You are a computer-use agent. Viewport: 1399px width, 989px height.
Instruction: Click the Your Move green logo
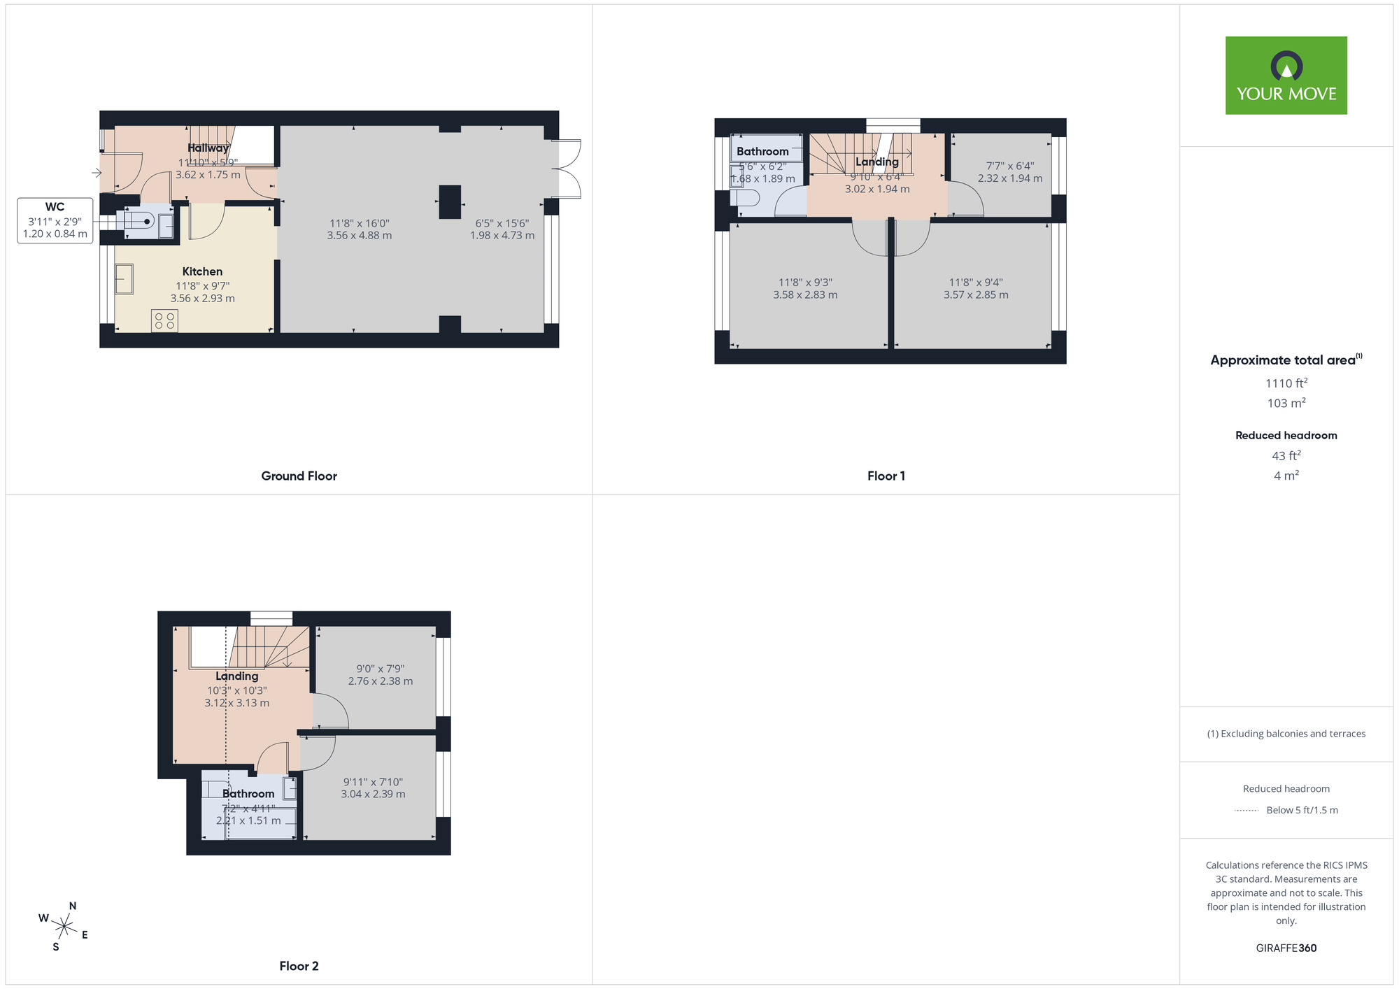(1286, 76)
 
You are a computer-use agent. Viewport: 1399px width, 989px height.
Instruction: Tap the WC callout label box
(55, 220)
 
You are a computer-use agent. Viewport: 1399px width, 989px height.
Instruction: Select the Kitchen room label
(202, 271)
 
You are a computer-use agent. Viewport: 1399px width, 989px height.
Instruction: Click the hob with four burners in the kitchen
(164, 321)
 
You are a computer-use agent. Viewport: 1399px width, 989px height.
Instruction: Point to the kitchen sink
(124, 279)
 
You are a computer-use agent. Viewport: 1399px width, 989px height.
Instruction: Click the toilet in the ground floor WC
(139, 221)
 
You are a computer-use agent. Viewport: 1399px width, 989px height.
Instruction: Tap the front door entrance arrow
(97, 173)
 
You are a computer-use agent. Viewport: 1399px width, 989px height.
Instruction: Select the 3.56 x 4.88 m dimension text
(359, 236)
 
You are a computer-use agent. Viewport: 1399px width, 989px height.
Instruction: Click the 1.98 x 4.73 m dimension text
(502, 236)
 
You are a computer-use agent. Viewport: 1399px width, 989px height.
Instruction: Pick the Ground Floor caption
(299, 476)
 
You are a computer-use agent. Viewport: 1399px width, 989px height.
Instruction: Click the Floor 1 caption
(886, 476)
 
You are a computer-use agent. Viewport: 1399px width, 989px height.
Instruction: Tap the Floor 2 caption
(299, 966)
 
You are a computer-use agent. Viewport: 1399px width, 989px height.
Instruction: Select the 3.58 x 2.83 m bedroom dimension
(804, 295)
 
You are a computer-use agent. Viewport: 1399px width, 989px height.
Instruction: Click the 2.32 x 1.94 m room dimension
(1009, 178)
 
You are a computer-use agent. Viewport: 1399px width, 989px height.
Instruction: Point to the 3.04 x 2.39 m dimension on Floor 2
(373, 795)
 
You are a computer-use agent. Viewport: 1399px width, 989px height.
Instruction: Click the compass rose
(64, 927)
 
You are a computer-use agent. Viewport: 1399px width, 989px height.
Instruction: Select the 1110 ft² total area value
(1286, 383)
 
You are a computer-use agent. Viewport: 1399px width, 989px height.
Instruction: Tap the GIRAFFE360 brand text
(1286, 948)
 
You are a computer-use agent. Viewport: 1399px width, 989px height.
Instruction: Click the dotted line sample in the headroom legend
(1247, 811)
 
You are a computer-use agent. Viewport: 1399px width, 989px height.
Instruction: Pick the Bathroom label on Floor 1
(762, 151)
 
